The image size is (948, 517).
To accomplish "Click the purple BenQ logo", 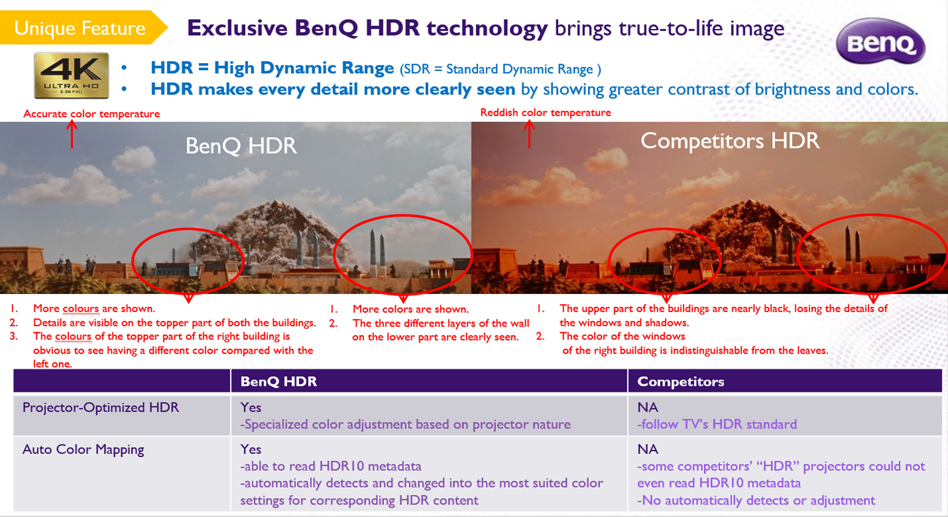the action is tap(880, 41).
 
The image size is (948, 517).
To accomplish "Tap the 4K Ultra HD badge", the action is tap(72, 75).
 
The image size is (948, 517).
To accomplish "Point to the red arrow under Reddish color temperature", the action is tap(529, 133).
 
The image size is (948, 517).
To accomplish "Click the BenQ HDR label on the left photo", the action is tap(241, 146).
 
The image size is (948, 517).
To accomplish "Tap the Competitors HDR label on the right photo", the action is tap(730, 141).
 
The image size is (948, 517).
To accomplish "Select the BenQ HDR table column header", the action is tap(279, 381).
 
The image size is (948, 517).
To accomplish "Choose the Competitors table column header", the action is tap(680, 381).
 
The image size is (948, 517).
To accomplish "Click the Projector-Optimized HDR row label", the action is tap(101, 407).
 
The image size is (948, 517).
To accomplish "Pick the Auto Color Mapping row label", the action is tap(83, 449).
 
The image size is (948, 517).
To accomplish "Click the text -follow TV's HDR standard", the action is tap(717, 424).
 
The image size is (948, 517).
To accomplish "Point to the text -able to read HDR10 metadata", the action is tap(331, 466).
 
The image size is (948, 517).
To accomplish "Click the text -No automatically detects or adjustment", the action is tap(756, 500).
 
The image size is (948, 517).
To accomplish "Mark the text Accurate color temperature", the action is tap(92, 114).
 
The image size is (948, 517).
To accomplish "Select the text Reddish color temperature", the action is tap(545, 112).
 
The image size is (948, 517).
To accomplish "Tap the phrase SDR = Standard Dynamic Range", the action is tap(500, 69).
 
